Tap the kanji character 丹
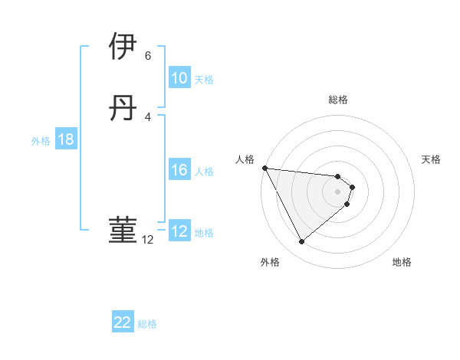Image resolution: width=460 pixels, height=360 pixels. click(123, 110)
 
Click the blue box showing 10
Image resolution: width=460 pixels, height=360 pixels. click(179, 78)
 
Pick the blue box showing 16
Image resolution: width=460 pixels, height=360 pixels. click(179, 170)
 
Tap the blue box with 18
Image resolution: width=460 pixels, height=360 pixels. click(65, 139)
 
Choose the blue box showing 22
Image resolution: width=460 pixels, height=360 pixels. click(123, 322)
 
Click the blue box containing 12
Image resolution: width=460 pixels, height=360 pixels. click(179, 231)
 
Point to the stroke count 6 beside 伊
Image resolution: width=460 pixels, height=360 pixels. click(148, 56)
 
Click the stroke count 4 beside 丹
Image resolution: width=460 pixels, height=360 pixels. click(148, 117)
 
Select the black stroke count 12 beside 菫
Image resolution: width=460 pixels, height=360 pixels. click(148, 240)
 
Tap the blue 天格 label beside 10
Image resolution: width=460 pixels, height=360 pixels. click(204, 80)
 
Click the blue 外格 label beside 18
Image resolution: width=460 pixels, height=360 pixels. click(41, 141)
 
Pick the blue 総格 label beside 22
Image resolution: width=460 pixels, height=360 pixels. click(148, 324)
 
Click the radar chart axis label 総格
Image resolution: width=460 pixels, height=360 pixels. click(338, 100)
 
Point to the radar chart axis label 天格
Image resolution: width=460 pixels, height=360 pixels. click(432, 159)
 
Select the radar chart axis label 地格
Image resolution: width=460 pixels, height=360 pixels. click(402, 262)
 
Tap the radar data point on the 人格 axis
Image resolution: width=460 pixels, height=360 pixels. click(264, 168)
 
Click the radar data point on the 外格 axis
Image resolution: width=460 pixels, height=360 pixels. click(301, 242)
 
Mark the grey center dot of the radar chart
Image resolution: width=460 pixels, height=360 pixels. click(338, 191)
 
